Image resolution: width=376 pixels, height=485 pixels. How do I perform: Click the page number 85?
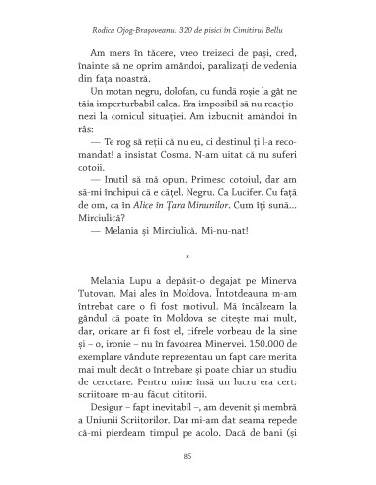click(188, 456)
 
